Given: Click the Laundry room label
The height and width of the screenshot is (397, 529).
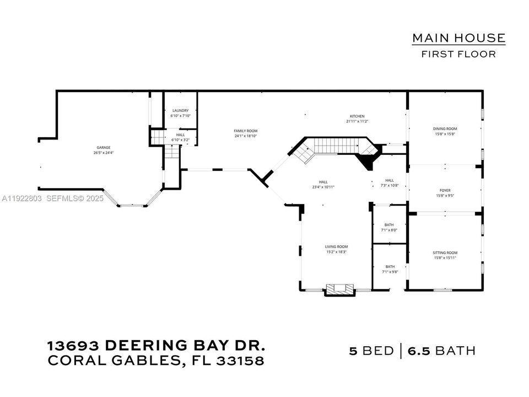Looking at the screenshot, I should [180, 111].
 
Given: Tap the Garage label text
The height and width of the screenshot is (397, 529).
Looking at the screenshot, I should [104, 147].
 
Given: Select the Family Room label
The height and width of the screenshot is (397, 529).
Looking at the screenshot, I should [246, 131].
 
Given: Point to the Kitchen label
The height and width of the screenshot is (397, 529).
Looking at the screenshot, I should [357, 116].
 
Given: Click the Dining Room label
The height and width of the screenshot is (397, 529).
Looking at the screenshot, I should [445, 128].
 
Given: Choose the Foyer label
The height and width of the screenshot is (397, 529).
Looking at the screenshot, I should [445, 190].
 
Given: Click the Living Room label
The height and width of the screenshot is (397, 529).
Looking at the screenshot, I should [336, 246].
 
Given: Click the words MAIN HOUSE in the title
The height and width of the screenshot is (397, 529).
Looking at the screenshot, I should [458, 38].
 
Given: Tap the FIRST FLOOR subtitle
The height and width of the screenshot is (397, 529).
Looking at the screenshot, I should [458, 54].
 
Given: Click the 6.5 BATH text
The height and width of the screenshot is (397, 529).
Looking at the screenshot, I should [442, 351].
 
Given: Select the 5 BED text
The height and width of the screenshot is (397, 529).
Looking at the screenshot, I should [372, 351].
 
